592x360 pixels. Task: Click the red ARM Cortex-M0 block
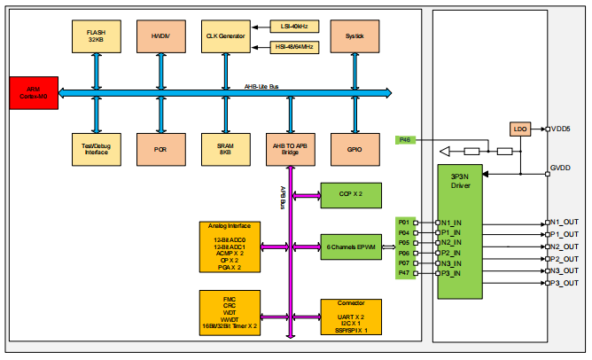pyautogui.click(x=34, y=93)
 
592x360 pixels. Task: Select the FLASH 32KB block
pyautogui.click(x=96, y=36)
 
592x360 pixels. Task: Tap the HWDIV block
pyautogui.click(x=160, y=36)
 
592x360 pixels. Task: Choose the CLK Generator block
pyautogui.click(x=225, y=36)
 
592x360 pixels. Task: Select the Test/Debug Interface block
pyautogui.click(x=96, y=149)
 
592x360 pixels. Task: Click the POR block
pyautogui.click(x=160, y=149)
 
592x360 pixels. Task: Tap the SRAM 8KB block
pyautogui.click(x=225, y=149)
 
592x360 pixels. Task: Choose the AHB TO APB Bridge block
pyautogui.click(x=290, y=149)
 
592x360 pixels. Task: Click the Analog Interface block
pyautogui.click(x=230, y=247)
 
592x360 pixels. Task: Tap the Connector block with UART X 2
pyautogui.click(x=350, y=317)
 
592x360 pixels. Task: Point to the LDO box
pyautogui.click(x=520, y=129)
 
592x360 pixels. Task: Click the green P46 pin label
pyautogui.click(x=406, y=139)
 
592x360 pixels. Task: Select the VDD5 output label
pyautogui.click(x=561, y=129)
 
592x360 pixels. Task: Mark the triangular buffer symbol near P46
pyautogui.click(x=451, y=151)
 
